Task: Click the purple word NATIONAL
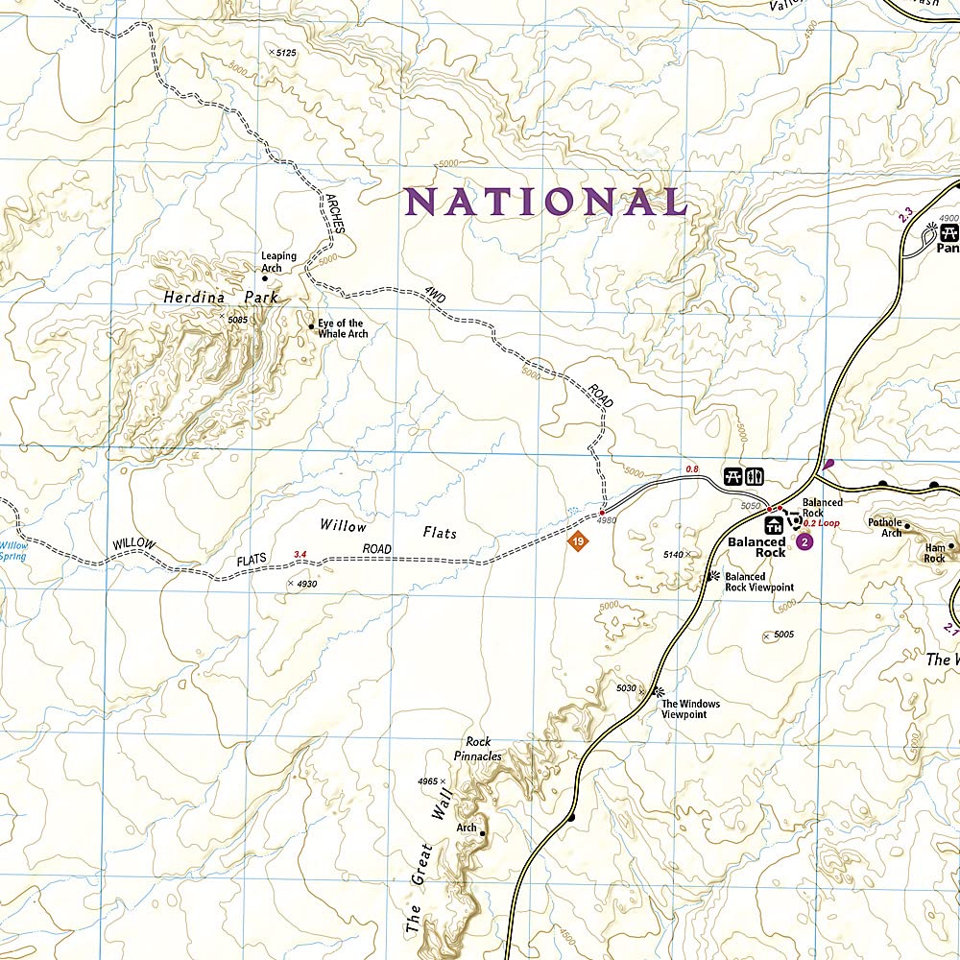[545, 202]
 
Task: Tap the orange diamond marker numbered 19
[576, 543]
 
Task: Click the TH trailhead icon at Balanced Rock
[774, 525]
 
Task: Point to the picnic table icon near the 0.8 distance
[732, 475]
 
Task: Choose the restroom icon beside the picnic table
[754, 475]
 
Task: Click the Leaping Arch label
[278, 262]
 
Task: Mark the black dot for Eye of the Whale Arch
[311, 327]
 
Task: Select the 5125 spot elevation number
[285, 52]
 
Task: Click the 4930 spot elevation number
[307, 583]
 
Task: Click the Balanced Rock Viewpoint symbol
[713, 576]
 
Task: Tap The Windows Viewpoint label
[690, 709]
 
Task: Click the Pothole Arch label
[885, 527]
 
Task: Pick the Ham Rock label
[934, 552]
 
